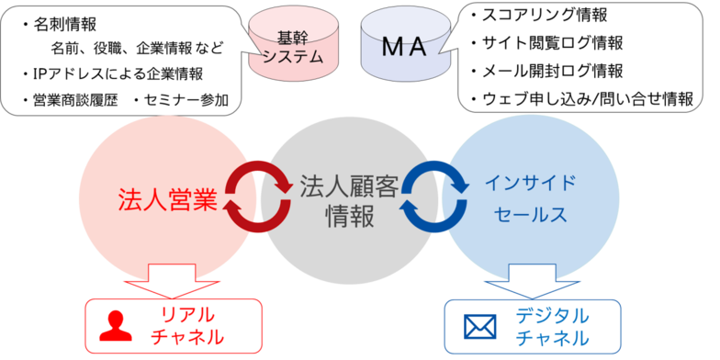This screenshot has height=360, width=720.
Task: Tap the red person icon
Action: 116,324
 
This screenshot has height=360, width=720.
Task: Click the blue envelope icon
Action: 479,326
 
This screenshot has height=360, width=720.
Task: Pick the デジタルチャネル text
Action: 552,326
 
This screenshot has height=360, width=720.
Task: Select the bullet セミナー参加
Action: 183,98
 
